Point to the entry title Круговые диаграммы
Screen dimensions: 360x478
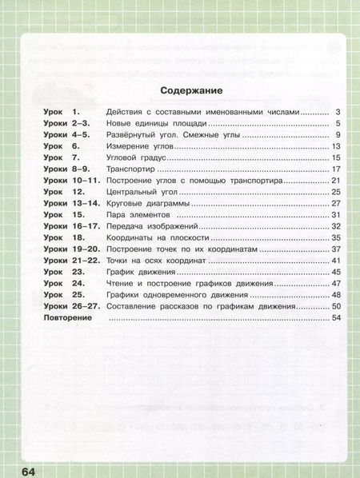click(148, 204)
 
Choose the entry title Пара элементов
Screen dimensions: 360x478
click(134, 215)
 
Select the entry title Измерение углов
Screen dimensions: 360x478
click(142, 147)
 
